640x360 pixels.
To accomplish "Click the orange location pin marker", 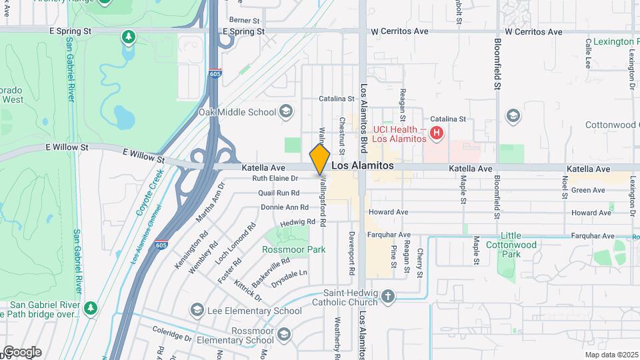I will (x=320, y=159).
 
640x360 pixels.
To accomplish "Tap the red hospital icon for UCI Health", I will (x=437, y=133).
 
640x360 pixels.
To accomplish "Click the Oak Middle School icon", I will (x=286, y=111).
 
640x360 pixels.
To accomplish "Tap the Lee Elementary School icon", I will (x=197, y=310).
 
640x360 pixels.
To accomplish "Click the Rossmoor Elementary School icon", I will (x=283, y=335).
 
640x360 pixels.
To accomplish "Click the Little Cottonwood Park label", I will (x=520, y=245).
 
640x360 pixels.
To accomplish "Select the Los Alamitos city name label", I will (x=363, y=165).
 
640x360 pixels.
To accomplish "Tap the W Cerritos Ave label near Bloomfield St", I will (x=533, y=31).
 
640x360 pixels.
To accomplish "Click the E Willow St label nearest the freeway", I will (x=143, y=155).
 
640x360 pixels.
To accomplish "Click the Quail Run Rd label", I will (x=279, y=193).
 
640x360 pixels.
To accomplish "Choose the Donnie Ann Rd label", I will (x=280, y=207).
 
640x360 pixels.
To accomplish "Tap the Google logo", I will (x=22, y=352).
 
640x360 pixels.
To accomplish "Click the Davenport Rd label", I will (x=351, y=253).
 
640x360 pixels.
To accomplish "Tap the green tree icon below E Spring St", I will (x=128, y=36).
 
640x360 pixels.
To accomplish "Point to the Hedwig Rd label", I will (x=298, y=222).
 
